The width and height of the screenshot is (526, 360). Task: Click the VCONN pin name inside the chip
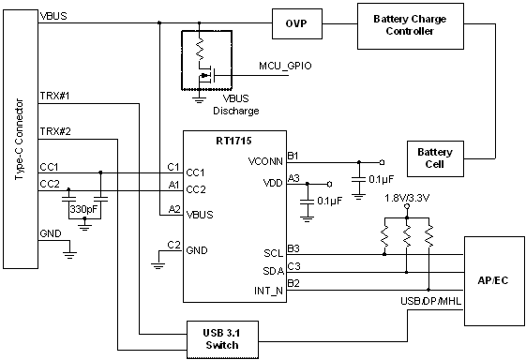point(266,161)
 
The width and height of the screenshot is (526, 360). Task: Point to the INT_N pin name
point(267,292)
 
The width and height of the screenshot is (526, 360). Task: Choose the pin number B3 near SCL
point(293,248)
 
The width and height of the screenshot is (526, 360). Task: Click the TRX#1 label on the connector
point(55,96)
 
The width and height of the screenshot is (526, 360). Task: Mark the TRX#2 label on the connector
point(55,130)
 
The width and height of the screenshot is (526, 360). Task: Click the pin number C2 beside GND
point(173,245)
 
